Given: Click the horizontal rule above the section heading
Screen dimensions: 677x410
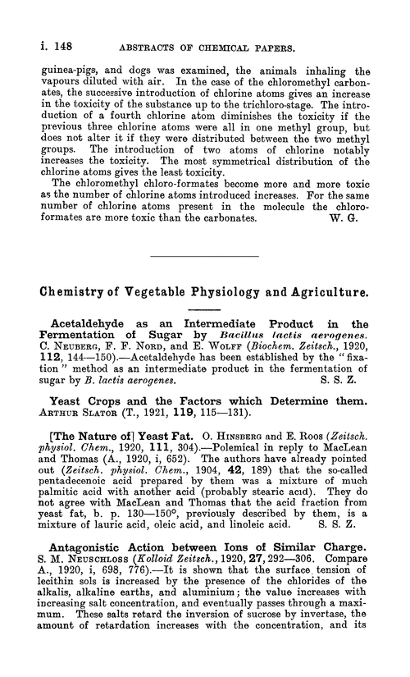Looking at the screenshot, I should tap(204, 258).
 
